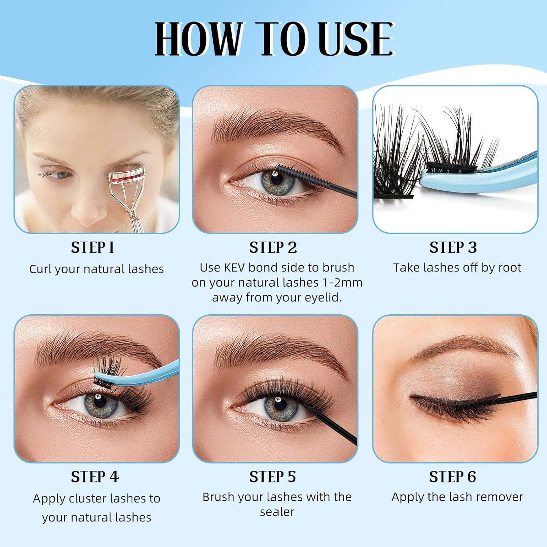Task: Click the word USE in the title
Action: coord(355,39)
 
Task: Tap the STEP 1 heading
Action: coord(93,248)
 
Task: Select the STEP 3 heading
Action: coord(453,248)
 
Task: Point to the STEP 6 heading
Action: coord(453,477)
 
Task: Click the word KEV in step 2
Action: coord(234,268)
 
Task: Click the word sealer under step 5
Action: coord(277,512)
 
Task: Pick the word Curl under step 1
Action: coord(40,269)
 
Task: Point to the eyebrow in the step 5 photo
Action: coord(277,356)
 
